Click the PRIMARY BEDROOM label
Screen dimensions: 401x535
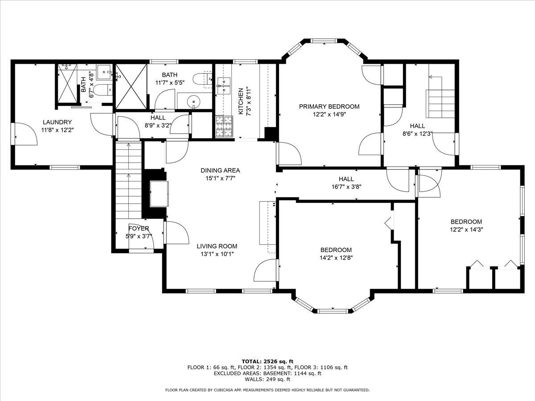pyautogui.click(x=329, y=106)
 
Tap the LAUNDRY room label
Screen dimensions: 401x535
pyautogui.click(x=57, y=122)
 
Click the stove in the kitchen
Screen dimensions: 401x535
pyautogui.click(x=224, y=126)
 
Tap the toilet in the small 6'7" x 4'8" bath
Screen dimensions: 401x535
pyautogui.click(x=102, y=90)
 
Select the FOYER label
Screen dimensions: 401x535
pyautogui.click(x=139, y=229)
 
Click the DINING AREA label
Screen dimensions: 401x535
pyautogui.click(x=220, y=170)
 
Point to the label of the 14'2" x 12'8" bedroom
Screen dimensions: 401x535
pyautogui.click(x=336, y=250)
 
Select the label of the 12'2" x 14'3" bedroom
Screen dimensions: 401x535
pyautogui.click(x=466, y=222)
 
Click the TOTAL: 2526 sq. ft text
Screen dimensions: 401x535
pyautogui.click(x=267, y=361)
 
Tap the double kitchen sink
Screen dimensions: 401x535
pyautogui.click(x=223, y=86)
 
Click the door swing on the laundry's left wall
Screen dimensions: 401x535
pyautogui.click(x=25, y=133)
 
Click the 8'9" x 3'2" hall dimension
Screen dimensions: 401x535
pyautogui.click(x=158, y=125)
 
